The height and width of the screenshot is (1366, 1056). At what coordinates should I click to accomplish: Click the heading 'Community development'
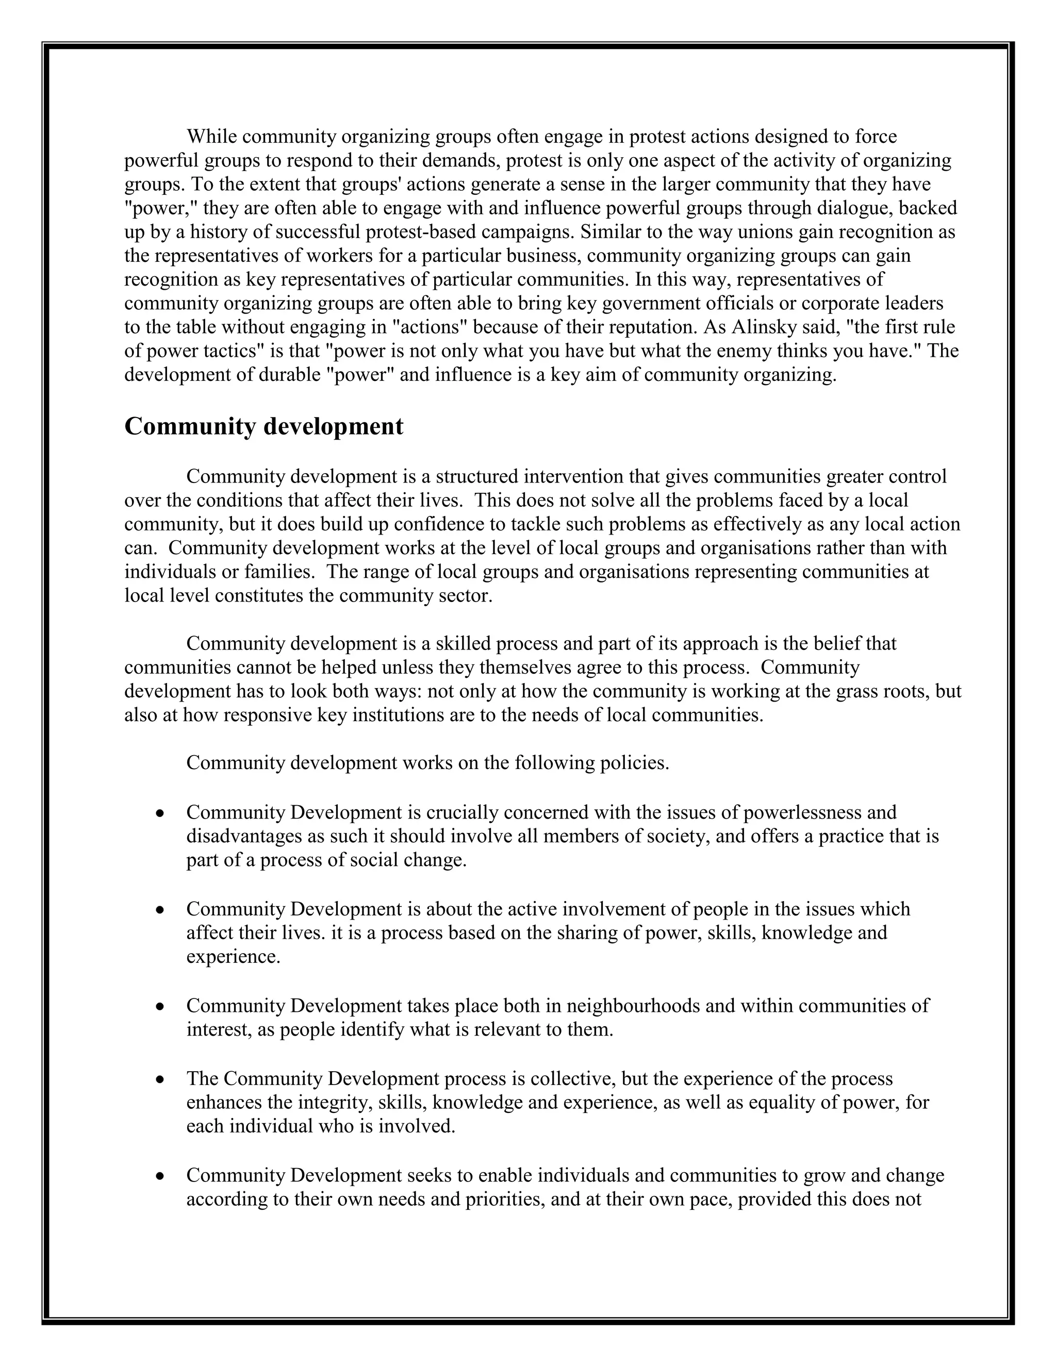[263, 427]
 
